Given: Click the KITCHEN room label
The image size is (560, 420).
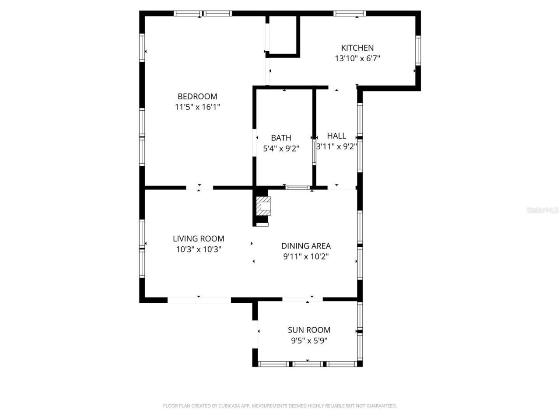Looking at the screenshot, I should (357, 48).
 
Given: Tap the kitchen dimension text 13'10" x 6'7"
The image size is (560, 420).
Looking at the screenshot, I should (357, 59).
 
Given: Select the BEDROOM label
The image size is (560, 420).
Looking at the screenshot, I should (197, 96).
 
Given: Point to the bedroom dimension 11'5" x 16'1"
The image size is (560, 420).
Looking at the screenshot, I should (197, 107).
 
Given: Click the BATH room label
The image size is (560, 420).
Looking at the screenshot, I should (281, 138).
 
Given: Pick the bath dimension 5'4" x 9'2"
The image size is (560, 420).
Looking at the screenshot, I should (281, 149).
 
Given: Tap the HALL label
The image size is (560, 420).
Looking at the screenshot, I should (336, 136).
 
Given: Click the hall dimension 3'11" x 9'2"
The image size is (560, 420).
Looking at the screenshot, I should (336, 147).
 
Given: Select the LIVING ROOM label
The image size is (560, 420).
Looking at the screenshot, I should (198, 238).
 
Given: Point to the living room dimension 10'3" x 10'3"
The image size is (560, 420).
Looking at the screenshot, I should (198, 249).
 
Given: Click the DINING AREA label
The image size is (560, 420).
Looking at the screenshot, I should (306, 246).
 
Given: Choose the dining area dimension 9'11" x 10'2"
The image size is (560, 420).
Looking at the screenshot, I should (306, 257).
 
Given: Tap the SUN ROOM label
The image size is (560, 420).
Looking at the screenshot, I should (309, 330).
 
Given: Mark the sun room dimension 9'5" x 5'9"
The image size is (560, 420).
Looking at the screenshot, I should (309, 341).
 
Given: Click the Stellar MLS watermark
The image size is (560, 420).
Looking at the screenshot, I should (542, 210).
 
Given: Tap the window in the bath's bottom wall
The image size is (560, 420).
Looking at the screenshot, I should (297, 188).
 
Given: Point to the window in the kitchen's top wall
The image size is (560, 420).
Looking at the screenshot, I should (350, 14).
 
